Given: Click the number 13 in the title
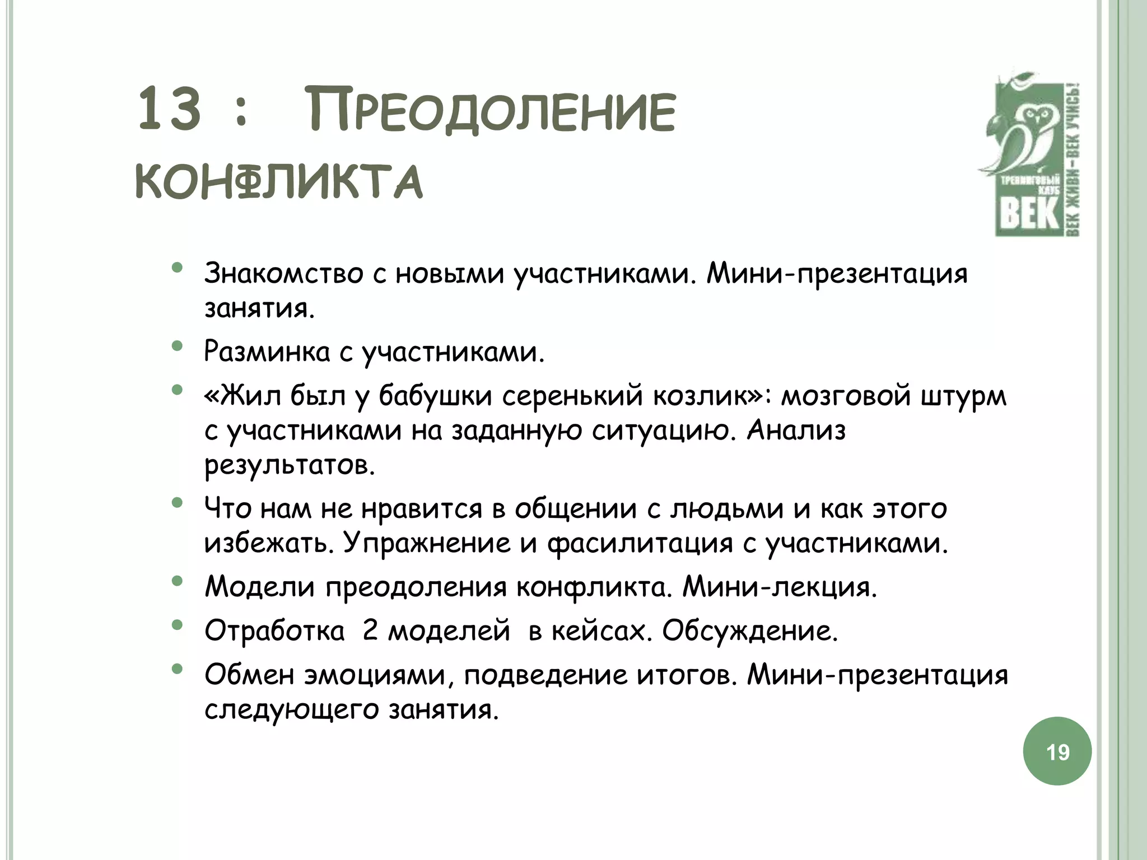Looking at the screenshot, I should point(169,110).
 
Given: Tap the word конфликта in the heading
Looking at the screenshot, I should point(279,181).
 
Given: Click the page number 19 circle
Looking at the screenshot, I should point(1057,751).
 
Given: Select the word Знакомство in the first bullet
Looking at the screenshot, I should point(283,274).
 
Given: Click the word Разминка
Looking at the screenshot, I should point(267,352).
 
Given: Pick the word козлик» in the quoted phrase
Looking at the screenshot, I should point(712,396).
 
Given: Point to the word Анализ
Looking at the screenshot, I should point(796,431).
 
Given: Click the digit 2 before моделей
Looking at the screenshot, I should point(370,631).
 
